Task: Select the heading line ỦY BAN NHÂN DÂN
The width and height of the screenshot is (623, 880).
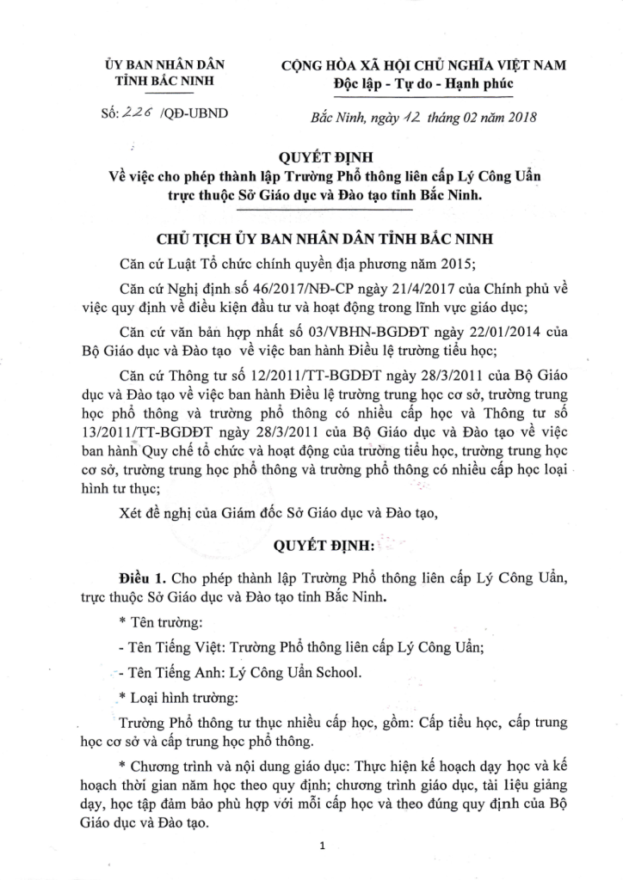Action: (x=163, y=65)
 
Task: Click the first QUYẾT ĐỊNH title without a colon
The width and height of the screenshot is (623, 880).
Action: (x=320, y=159)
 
